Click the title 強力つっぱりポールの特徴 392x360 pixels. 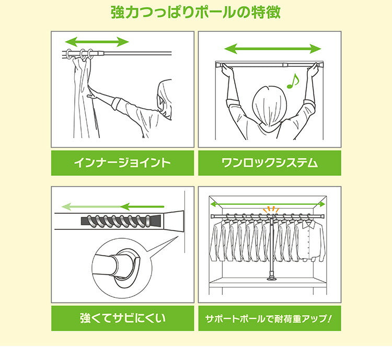[196, 13]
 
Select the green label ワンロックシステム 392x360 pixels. [269, 163]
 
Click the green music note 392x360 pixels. [294, 81]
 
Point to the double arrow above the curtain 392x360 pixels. [97, 42]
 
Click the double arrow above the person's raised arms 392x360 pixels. [272, 49]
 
